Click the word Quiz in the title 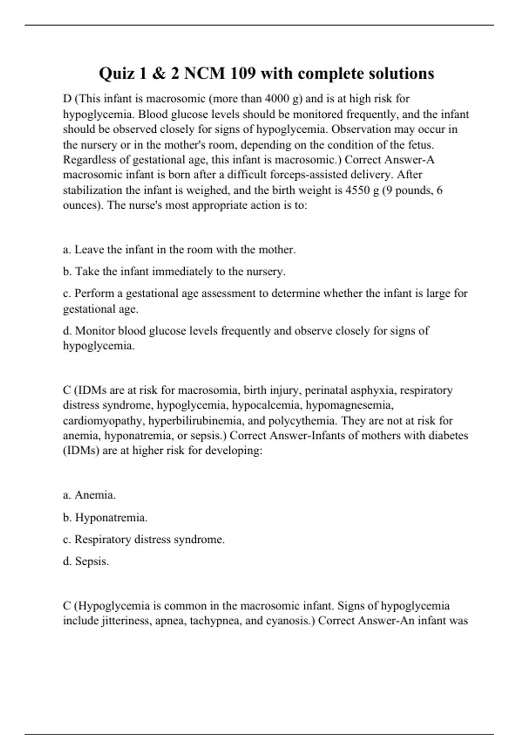pyautogui.click(x=116, y=74)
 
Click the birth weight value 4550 pyautogui.click(x=358, y=190)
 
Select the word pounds pyautogui.click(x=413, y=190)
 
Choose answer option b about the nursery pyautogui.click(x=174, y=272)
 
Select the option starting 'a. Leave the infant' pyautogui.click(x=179, y=250)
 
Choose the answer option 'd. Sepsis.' pyautogui.click(x=86, y=561)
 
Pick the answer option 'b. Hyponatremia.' pyautogui.click(x=105, y=518)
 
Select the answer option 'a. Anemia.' pyautogui.click(x=90, y=495)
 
